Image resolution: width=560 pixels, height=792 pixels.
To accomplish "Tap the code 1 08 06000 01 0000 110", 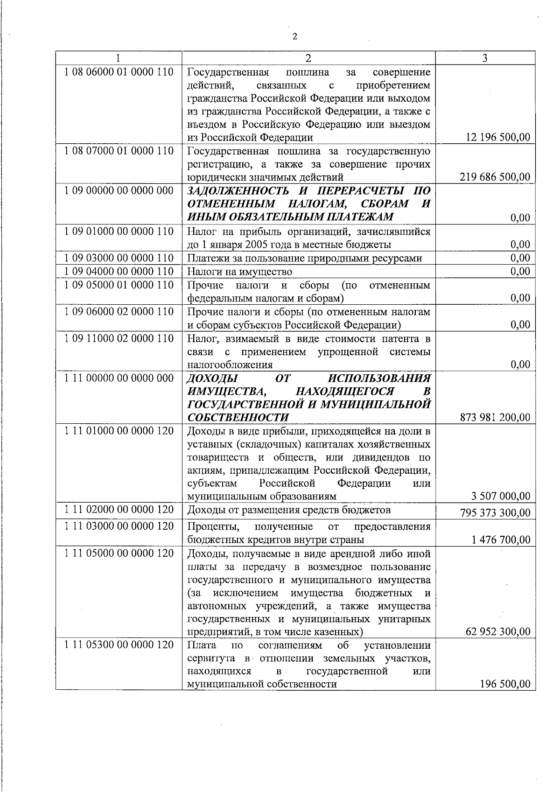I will coord(119,72).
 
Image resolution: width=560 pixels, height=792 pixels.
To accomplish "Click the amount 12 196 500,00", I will coord(498,137).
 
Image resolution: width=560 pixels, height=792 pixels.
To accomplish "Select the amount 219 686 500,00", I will coord(495,177).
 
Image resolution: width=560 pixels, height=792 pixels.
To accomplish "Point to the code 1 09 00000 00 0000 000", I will coord(119,190).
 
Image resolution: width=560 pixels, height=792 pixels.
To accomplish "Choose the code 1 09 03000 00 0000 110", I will coord(119,258).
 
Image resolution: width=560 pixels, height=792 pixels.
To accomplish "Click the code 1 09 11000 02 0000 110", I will coord(119,338).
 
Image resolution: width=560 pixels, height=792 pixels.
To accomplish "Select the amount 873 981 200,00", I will coord(495,417).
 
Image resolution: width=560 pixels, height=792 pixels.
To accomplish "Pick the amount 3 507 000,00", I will coord(501,496).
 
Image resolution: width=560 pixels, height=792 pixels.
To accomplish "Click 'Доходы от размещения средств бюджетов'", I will coord(288,510).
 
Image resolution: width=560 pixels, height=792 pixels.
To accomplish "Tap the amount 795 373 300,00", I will coord(495,513).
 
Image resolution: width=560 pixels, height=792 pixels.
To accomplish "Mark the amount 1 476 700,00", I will coord(501,540).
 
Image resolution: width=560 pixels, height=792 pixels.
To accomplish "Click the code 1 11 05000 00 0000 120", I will coord(119,554).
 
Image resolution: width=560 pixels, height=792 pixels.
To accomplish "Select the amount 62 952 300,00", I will coord(498,632).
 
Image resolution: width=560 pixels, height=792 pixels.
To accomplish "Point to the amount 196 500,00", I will coord(505,684).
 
